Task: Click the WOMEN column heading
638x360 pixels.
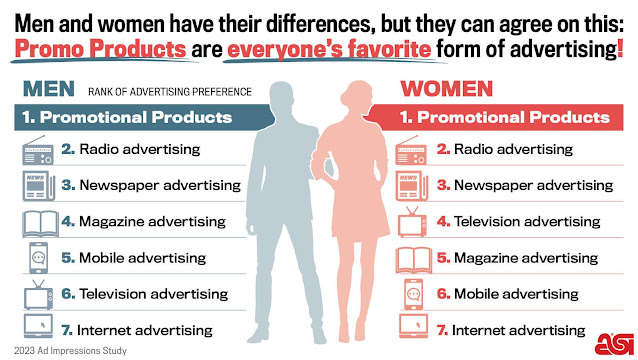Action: [x=440, y=90]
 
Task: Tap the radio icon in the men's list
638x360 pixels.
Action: [x=37, y=150]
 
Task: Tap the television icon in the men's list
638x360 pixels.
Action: [x=37, y=293]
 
